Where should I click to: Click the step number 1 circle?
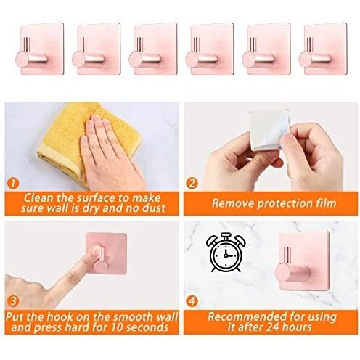(13, 184)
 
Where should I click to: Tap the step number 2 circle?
(192, 184)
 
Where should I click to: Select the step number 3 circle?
(13, 301)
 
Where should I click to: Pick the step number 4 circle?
(192, 301)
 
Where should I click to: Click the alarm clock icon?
(226, 253)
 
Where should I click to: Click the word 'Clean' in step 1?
(38, 198)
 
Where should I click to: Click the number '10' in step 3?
(117, 327)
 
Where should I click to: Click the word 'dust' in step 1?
(154, 208)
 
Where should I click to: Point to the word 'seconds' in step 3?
(147, 327)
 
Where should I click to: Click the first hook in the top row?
(39, 49)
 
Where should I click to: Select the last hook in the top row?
(323, 49)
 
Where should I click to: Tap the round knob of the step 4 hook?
(283, 273)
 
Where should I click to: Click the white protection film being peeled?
(269, 129)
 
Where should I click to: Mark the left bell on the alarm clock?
(211, 241)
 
